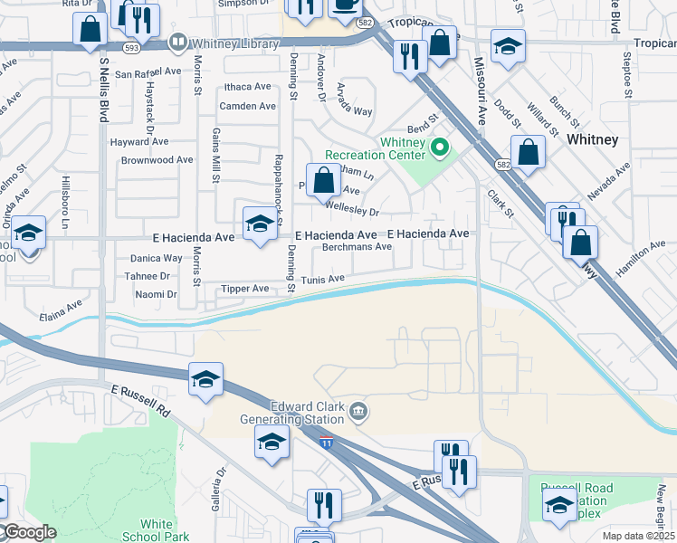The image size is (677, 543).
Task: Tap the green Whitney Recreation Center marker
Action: (x=440, y=146)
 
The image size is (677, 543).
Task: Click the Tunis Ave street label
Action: (x=323, y=280)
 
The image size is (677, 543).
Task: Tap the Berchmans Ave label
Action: (x=357, y=246)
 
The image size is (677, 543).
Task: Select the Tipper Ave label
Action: (x=245, y=289)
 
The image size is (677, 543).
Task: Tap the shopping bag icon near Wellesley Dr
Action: (x=323, y=180)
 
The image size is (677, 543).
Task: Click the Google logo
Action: (x=30, y=532)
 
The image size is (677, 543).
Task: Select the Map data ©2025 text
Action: (x=638, y=536)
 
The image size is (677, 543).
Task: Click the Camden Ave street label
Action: (x=247, y=106)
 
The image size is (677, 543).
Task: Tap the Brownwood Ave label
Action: (x=157, y=159)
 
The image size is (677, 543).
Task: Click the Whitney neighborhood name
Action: (x=592, y=139)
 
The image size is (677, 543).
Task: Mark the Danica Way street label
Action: (x=156, y=258)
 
